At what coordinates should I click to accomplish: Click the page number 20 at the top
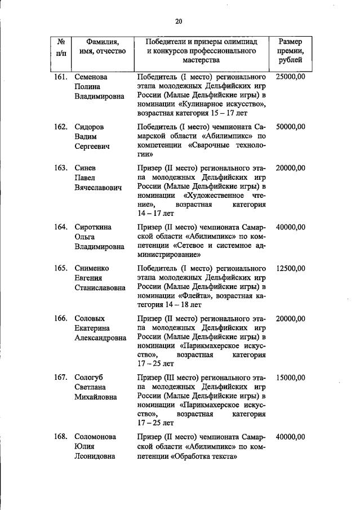coord(179,21)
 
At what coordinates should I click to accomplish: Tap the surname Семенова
coord(91,76)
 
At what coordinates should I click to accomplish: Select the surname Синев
coord(85,168)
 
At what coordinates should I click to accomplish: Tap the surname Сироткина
coord(93,227)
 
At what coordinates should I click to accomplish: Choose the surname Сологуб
coord(89,378)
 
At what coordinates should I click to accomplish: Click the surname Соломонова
coord(96,437)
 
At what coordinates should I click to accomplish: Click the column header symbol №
coord(61,42)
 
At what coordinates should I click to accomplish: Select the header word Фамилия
coord(103,42)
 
